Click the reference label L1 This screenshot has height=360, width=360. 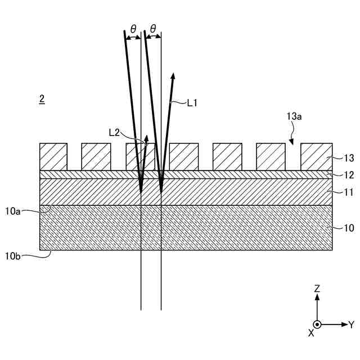click(x=192, y=103)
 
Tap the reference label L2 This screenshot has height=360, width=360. click(x=114, y=132)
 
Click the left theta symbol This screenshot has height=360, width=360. click(x=133, y=28)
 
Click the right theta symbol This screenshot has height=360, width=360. click(x=153, y=28)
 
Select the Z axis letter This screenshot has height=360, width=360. click(x=317, y=288)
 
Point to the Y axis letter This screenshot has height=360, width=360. click(x=351, y=325)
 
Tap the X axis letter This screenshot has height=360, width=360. click(x=311, y=332)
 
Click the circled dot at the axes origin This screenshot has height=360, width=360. click(x=317, y=325)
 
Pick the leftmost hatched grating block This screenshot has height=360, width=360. click(x=53, y=157)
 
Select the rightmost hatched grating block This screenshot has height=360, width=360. click(x=315, y=157)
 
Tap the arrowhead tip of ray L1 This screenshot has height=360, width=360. click(x=173, y=74)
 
